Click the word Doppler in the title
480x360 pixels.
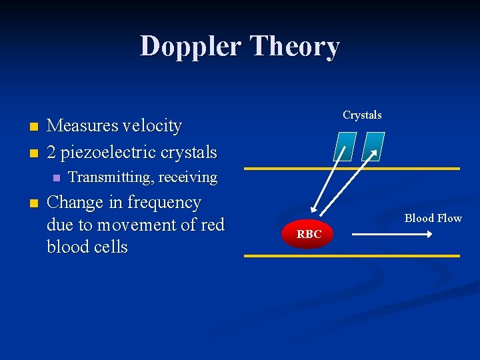click(191, 47)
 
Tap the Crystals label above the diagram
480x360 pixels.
click(362, 115)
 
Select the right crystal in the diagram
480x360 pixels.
click(373, 146)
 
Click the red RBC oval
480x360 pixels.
click(309, 235)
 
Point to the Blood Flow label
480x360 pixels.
click(433, 219)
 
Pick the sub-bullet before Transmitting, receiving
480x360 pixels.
click(56, 178)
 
